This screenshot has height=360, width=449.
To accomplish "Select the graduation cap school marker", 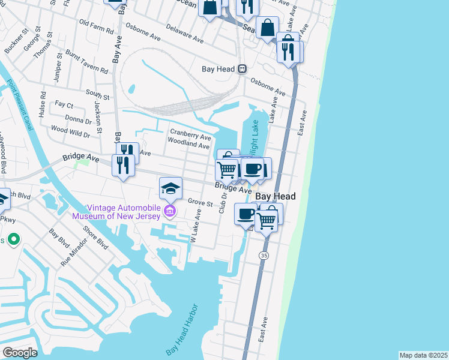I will pos(170,188).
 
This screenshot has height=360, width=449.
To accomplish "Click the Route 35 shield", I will pos(264,256).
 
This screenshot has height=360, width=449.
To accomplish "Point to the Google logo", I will pos(20,353).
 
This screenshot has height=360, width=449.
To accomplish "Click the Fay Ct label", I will pos(64,104).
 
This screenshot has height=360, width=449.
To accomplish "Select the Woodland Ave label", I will pos(188,145).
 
